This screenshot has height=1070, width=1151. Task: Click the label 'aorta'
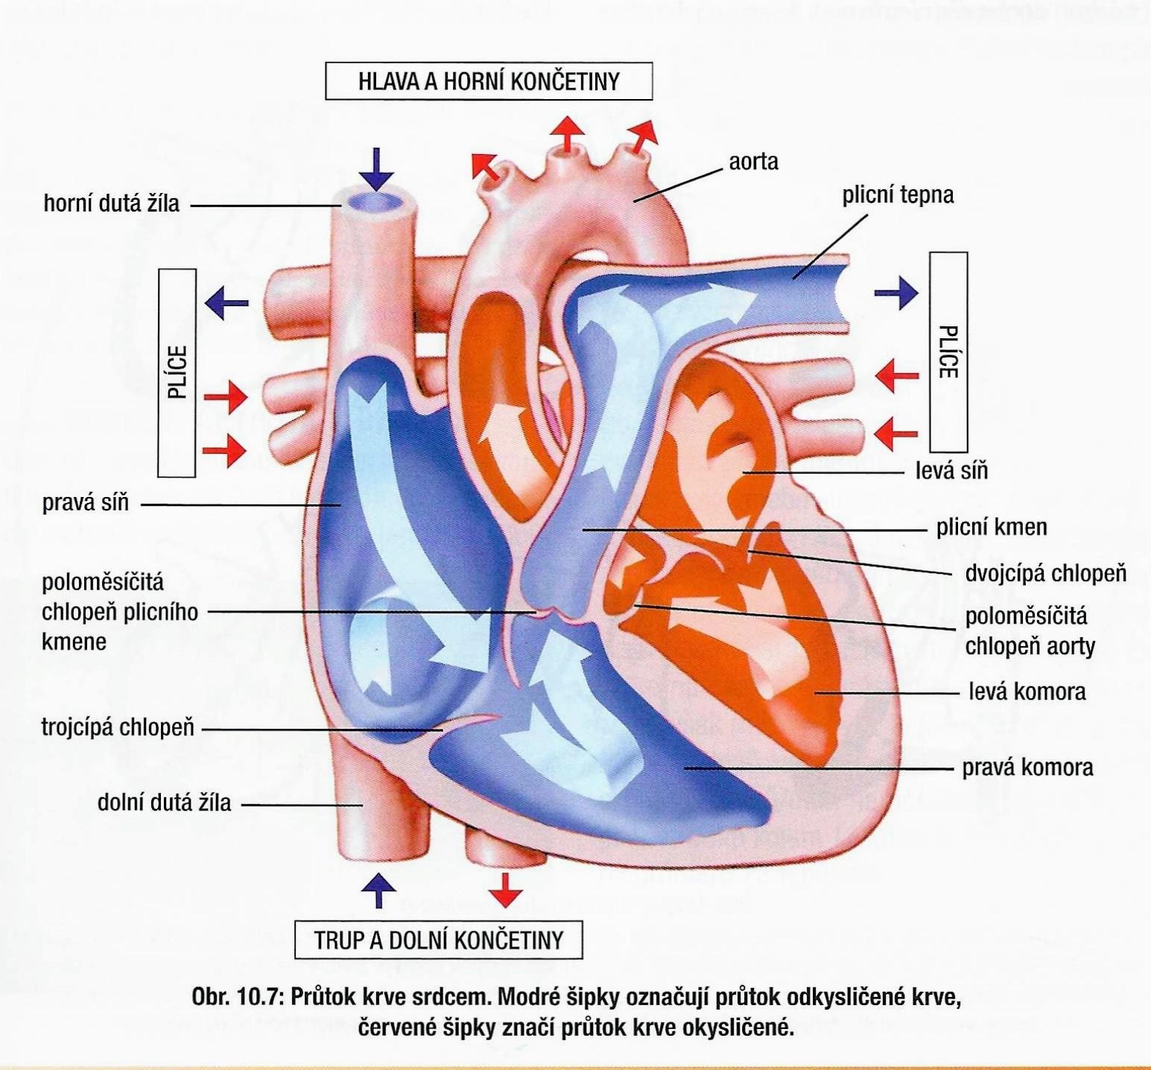click(x=753, y=162)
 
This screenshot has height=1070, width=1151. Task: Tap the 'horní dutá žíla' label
click(x=112, y=203)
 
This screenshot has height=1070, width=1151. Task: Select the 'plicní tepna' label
click(x=898, y=195)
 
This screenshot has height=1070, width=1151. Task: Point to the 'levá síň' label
click(x=951, y=471)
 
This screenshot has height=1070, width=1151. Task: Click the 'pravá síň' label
click(x=86, y=503)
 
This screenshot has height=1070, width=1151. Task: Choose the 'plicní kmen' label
click(x=991, y=528)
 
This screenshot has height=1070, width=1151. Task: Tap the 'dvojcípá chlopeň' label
click(x=1045, y=573)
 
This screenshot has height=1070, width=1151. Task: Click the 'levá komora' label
click(x=1027, y=691)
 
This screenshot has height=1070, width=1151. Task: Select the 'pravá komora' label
click(x=1027, y=767)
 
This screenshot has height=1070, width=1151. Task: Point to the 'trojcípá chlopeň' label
click(x=118, y=727)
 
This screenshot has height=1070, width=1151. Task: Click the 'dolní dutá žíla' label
click(x=164, y=802)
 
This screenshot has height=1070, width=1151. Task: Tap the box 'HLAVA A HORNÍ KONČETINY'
click(x=489, y=81)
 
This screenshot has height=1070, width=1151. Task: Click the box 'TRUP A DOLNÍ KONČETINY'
click(x=438, y=940)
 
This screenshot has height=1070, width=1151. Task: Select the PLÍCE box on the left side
click(x=177, y=373)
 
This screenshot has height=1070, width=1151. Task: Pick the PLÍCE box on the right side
click(x=948, y=352)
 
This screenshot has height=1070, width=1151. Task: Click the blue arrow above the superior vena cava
click(x=377, y=170)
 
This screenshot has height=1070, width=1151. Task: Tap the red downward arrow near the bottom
click(x=507, y=888)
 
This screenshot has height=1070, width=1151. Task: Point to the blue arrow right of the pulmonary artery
click(x=897, y=293)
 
